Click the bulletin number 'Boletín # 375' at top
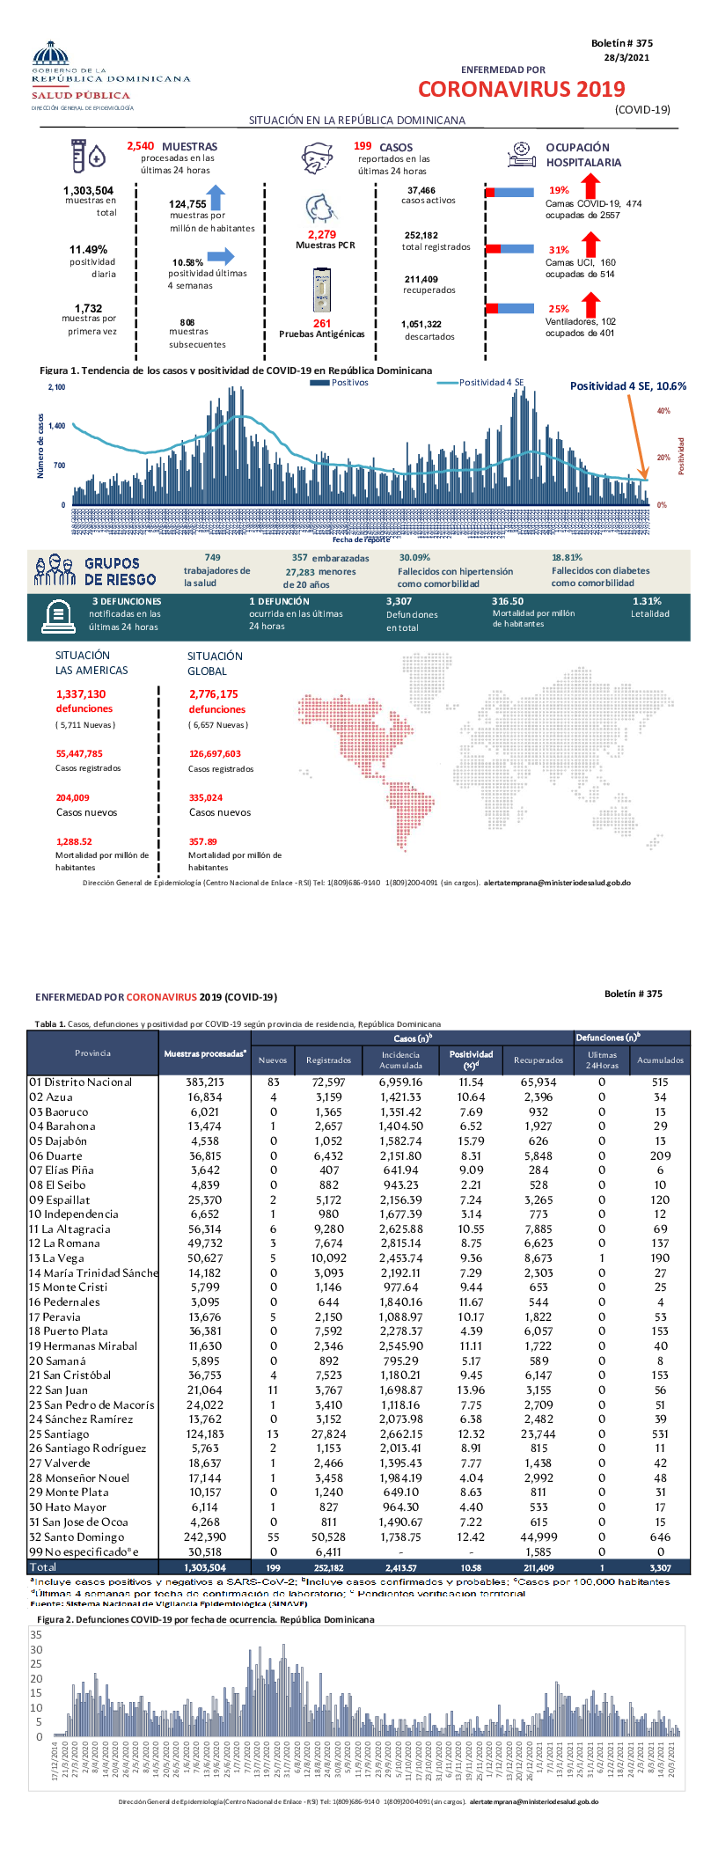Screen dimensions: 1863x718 (x=621, y=43)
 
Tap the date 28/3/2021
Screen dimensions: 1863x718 (x=626, y=57)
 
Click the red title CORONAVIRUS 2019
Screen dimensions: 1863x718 (x=521, y=89)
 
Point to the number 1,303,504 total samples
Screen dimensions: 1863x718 (x=88, y=190)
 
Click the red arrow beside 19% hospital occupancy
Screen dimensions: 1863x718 (x=590, y=186)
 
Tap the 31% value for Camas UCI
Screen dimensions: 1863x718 (x=559, y=250)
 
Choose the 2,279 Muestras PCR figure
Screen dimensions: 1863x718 (x=322, y=235)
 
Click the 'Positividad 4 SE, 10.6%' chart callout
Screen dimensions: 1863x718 (x=627, y=386)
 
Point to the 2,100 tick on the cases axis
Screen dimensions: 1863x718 (x=56, y=387)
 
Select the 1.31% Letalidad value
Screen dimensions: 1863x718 (x=647, y=601)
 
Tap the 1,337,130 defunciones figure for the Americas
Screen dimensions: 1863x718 (x=81, y=694)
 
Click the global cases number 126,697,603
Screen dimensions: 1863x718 (x=215, y=753)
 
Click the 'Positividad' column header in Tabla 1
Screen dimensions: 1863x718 (x=471, y=1059)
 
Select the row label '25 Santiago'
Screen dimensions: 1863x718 (x=59, y=1434)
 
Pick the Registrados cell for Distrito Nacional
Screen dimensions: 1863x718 (x=328, y=1082)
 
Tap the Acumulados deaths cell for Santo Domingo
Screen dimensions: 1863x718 (x=660, y=1537)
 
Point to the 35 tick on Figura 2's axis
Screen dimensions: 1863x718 (x=36, y=1635)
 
